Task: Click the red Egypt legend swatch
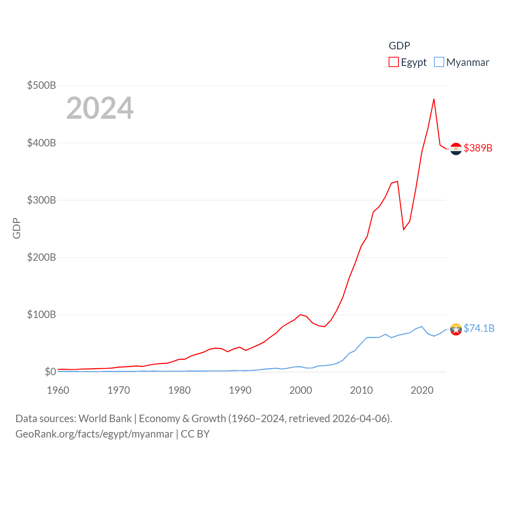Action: tap(393, 62)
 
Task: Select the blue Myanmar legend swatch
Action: tap(439, 62)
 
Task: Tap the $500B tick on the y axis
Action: tap(41, 85)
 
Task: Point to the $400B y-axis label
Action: tap(41, 143)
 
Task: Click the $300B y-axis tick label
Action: tap(41, 200)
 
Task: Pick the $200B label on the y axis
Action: tap(41, 257)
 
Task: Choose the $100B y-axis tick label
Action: tap(41, 314)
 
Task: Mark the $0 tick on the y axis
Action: tap(50, 372)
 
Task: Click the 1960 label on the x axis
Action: tap(58, 390)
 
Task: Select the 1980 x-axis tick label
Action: tap(180, 390)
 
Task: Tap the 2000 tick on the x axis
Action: tap(301, 390)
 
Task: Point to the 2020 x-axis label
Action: tap(422, 390)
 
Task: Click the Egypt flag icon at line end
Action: tap(456, 149)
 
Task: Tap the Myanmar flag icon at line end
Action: tap(456, 329)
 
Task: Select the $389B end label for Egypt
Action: tap(478, 148)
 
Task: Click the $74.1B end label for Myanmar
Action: tap(479, 328)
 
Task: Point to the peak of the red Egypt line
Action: tap(434, 99)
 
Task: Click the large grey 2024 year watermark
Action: tap(100, 108)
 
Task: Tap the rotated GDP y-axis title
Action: tap(17, 228)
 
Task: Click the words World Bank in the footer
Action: tap(105, 418)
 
